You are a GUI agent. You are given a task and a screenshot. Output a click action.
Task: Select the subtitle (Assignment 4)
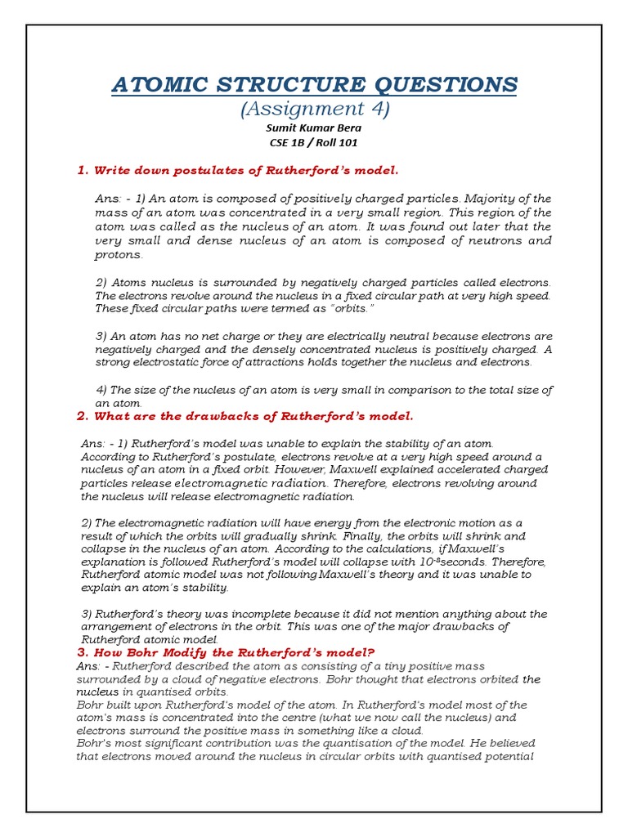coord(313,108)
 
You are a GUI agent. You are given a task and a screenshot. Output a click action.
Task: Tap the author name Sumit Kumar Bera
coord(313,128)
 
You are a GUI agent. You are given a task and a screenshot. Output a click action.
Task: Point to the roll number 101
coord(347,142)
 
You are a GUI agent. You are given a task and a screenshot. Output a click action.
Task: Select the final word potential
coord(506,757)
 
